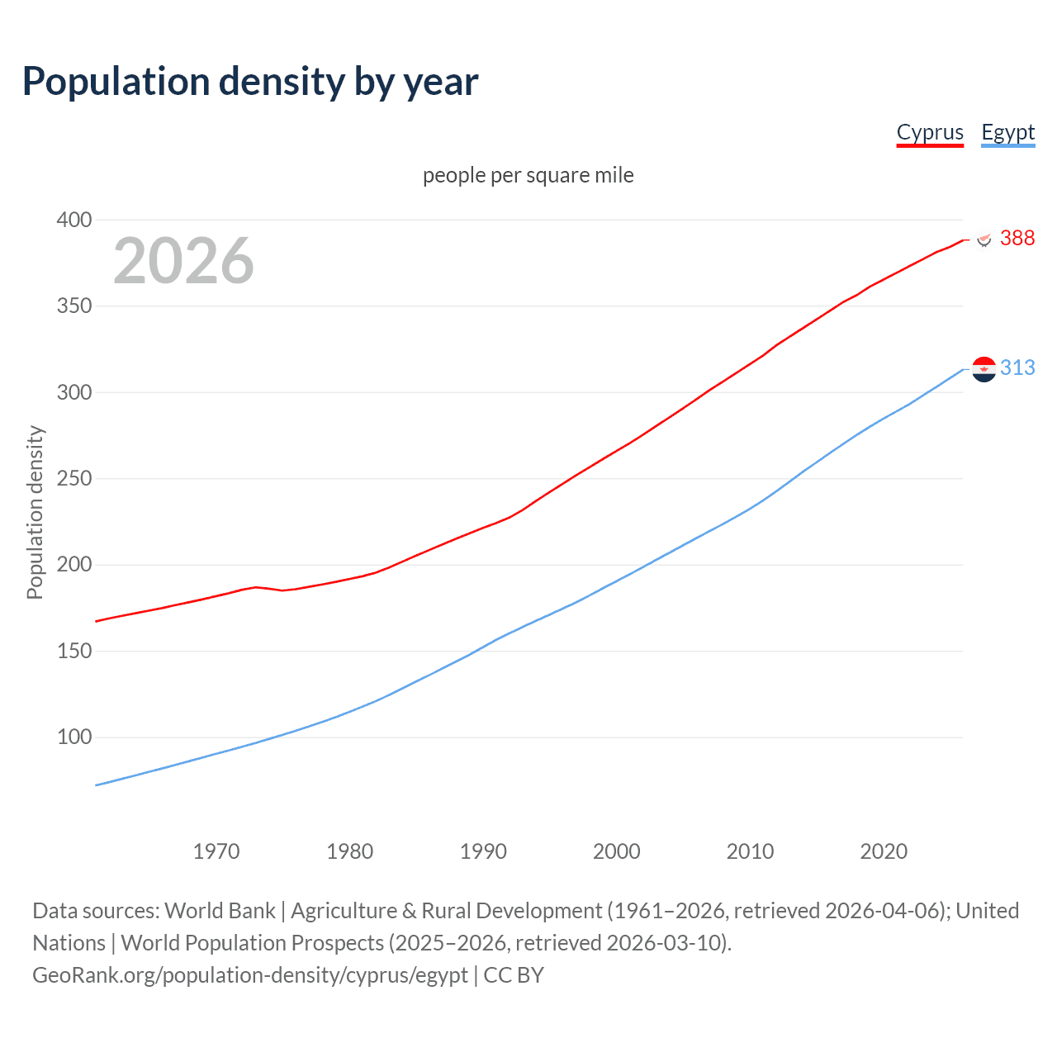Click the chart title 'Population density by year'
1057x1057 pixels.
tap(250, 82)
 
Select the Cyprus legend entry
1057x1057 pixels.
tap(930, 132)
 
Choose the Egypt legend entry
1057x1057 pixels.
tap(1007, 132)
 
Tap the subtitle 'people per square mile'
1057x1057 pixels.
tap(528, 175)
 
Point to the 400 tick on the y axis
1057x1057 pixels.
tap(74, 220)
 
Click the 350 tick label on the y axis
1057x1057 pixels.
tap(74, 306)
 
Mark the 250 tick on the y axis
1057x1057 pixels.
tap(74, 479)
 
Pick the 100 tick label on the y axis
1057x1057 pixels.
tap(74, 737)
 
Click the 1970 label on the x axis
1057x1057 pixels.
tap(216, 851)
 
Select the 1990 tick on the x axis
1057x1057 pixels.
tap(483, 851)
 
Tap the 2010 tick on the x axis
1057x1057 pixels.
tap(750, 851)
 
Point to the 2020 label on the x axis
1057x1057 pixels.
tap(884, 851)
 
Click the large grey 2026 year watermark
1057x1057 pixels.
tap(183, 261)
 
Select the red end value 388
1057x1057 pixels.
tap(1017, 238)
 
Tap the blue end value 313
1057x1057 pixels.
tap(1017, 367)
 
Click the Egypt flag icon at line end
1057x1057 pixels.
tap(984, 369)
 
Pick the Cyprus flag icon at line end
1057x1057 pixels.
tap(984, 239)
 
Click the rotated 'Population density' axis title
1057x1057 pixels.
tap(35, 512)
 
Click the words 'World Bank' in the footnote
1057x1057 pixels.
tap(220, 911)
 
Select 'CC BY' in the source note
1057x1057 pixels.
tap(514, 975)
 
